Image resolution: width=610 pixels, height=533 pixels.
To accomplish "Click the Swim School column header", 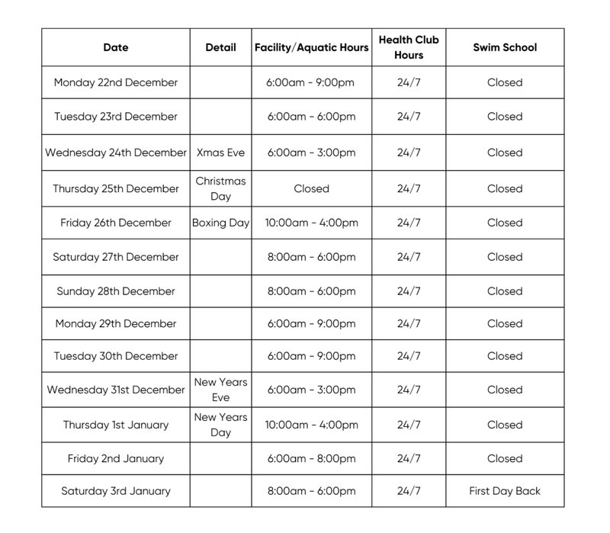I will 504,47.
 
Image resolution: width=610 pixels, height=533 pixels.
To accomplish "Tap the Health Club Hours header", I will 409,47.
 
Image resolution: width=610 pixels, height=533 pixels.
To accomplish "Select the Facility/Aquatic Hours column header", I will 311,47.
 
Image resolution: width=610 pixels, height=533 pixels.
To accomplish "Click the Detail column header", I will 220,47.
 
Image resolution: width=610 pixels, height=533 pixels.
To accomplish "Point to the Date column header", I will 116,47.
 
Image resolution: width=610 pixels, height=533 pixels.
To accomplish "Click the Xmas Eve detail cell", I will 220,153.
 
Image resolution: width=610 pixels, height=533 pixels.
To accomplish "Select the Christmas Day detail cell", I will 220,188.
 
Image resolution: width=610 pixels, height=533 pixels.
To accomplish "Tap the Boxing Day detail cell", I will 220,223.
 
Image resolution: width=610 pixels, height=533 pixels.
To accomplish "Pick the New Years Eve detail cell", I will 220,390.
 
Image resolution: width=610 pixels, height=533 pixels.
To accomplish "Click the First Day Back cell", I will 504,491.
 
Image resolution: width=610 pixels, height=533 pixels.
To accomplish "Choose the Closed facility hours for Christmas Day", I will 311,188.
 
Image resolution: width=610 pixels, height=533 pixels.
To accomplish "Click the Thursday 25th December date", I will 116,188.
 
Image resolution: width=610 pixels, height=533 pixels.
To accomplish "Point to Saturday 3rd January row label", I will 116,491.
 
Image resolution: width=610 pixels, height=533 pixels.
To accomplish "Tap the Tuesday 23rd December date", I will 116,117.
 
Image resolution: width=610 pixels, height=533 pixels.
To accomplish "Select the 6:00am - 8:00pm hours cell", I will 311,459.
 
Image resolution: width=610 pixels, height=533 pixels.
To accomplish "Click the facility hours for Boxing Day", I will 311,223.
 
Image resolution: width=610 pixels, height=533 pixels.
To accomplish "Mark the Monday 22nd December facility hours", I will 311,82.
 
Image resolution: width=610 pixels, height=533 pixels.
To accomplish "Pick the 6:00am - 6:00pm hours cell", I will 311,117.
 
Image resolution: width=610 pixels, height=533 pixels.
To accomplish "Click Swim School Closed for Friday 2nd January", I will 504,459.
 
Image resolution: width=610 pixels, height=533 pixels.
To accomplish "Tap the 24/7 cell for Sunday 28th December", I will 409,291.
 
